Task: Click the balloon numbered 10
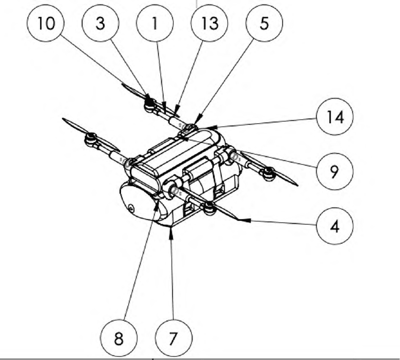[x=46, y=23]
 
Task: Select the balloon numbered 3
[x=101, y=23]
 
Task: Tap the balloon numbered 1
[x=155, y=23]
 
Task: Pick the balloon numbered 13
[x=210, y=23]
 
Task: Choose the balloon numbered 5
[x=264, y=23]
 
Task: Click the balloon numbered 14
[x=335, y=117]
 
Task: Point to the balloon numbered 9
[x=335, y=171]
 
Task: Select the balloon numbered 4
[x=335, y=226]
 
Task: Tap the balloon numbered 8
[x=119, y=338]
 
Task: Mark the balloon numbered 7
[x=173, y=338]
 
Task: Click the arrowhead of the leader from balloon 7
[x=171, y=232]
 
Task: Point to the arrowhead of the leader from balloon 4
[x=244, y=220]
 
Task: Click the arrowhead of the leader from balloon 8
[x=156, y=205]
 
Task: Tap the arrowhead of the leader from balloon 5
[x=198, y=120]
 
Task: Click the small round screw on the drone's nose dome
[x=131, y=209]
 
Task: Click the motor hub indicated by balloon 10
[x=149, y=104]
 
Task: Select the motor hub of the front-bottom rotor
[x=209, y=207]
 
